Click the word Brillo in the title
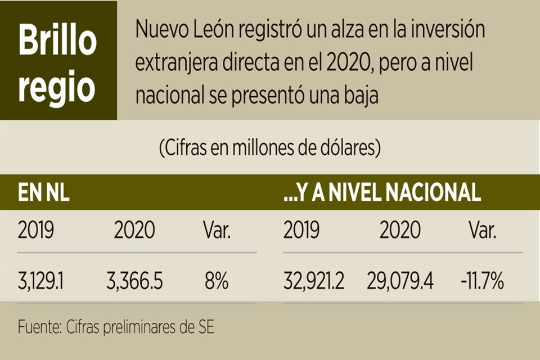(57, 40)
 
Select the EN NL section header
(43, 193)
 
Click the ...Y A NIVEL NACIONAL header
(382, 193)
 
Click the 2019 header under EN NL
(36, 231)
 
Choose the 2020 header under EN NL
(134, 231)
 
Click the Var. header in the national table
(482, 231)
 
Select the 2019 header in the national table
(301, 231)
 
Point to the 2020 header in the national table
(400, 231)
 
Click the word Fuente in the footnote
(39, 327)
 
